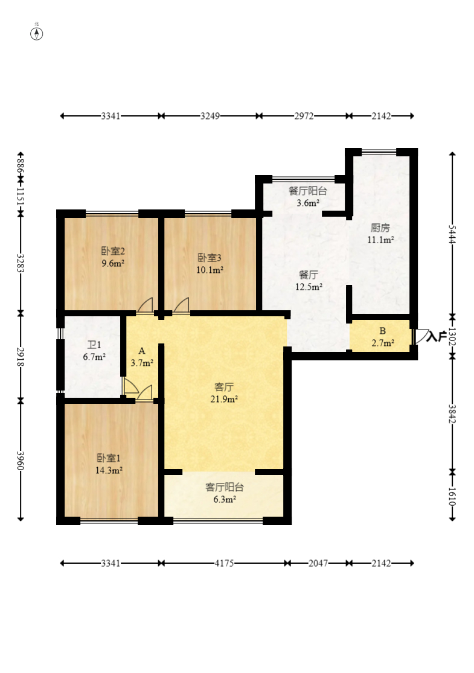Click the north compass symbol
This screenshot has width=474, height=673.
pos(36,33)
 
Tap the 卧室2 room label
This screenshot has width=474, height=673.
pos(113,251)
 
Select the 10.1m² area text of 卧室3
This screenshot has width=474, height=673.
pos(210,270)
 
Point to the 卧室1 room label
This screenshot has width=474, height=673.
pos(109,458)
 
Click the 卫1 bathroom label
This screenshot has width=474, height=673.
pos(94,345)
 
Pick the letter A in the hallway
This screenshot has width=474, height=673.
pos(142,351)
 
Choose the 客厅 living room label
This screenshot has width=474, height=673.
pos(224,387)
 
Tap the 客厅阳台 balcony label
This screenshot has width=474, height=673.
pos(225,487)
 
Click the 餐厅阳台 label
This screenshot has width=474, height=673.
pos(308,191)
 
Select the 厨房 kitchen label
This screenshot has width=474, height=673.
pos(380,228)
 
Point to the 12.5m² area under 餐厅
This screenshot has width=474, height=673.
pos(309,287)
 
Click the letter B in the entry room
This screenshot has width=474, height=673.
pos(383,331)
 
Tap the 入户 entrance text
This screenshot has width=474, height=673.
pos(437,337)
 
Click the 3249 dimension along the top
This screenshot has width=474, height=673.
pos(210,116)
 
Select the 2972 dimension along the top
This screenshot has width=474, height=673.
pos(304,116)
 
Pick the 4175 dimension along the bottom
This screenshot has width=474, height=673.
pos(224,563)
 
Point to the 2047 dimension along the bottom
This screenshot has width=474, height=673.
pos(318,563)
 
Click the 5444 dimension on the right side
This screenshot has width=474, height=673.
pos(452,234)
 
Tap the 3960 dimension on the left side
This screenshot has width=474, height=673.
pos(20,460)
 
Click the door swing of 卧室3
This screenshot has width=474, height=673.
pos(182,305)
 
